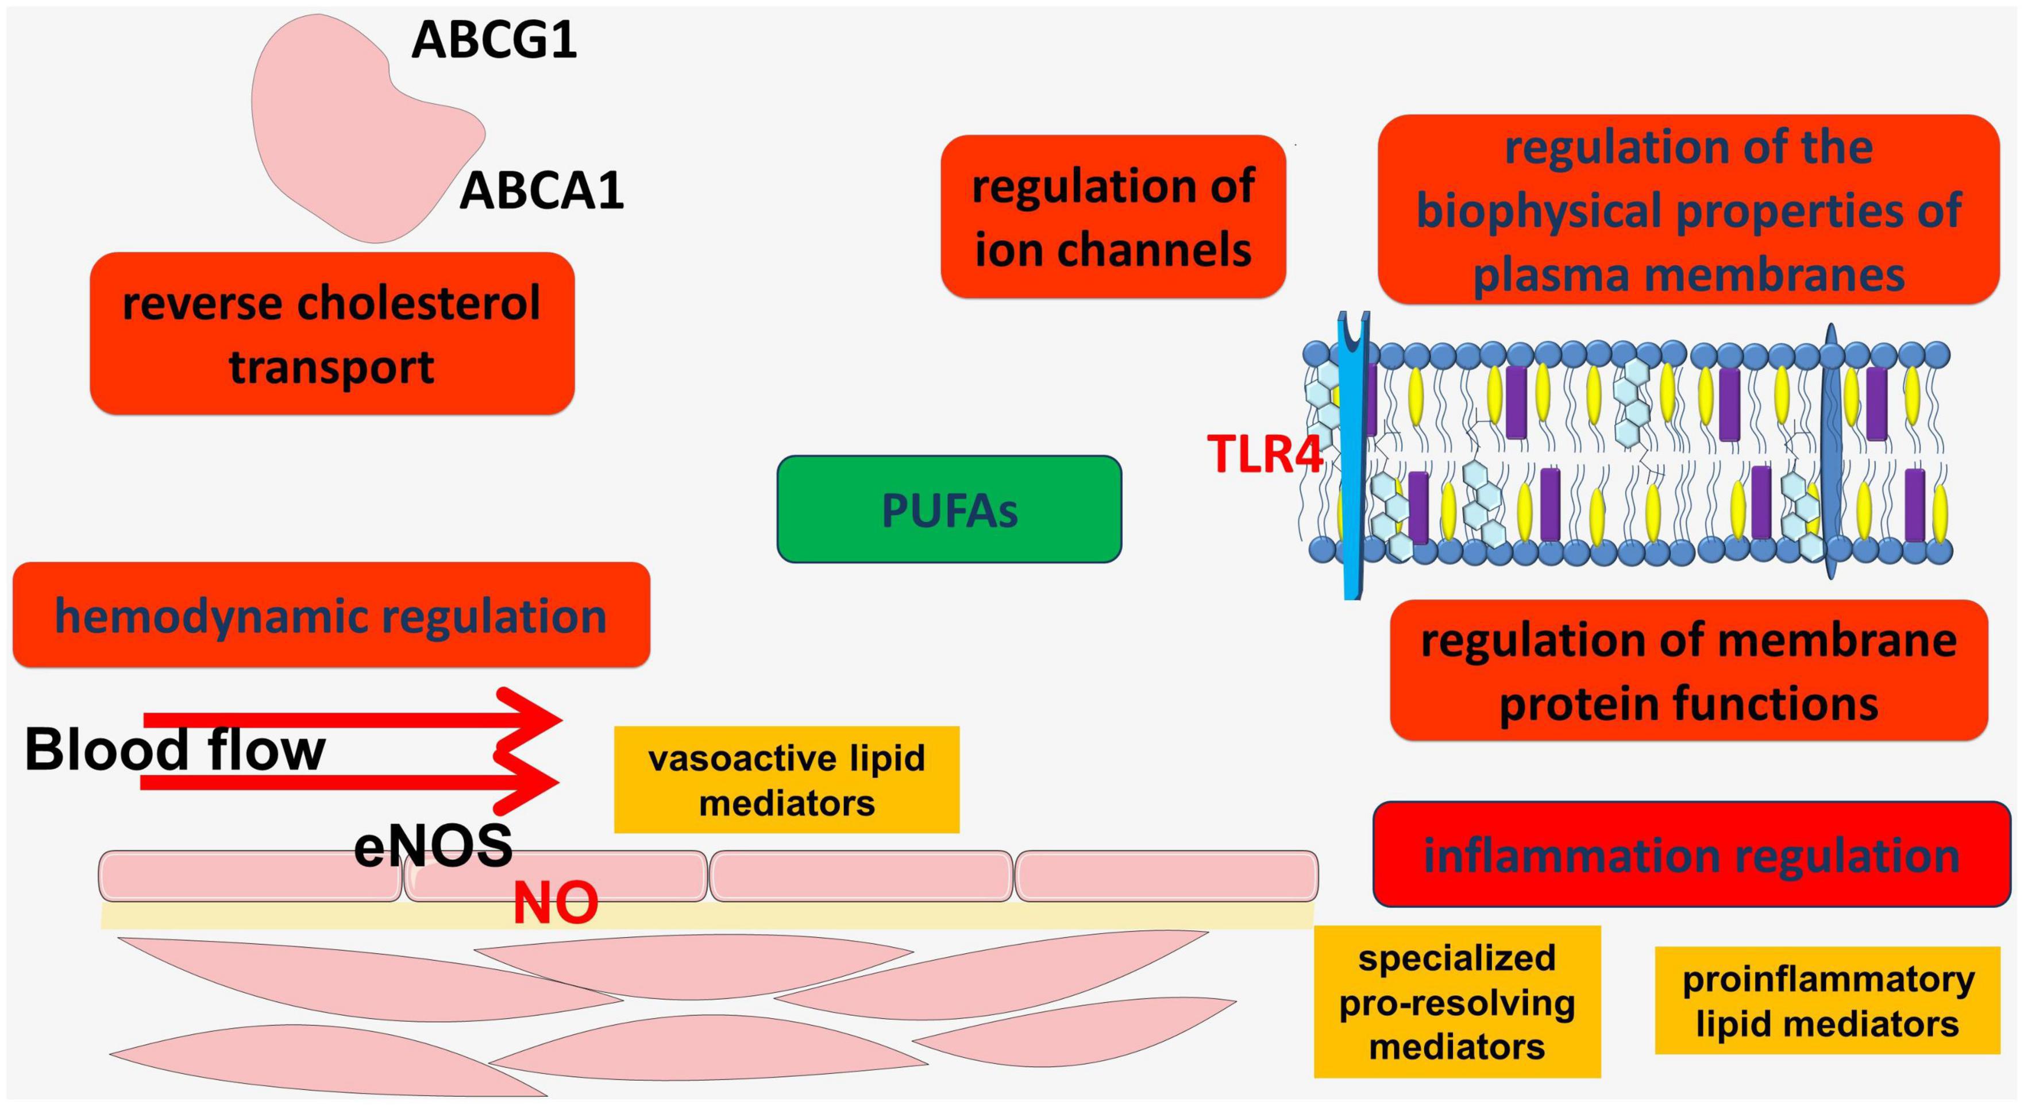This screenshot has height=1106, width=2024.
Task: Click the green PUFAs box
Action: (x=949, y=509)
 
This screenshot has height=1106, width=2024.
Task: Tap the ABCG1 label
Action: (x=494, y=40)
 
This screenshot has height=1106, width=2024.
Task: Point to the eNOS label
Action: (x=433, y=847)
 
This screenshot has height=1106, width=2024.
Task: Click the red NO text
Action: (x=556, y=903)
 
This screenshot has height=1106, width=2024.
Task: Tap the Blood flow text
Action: (x=175, y=749)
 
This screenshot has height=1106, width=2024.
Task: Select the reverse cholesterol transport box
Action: (x=333, y=333)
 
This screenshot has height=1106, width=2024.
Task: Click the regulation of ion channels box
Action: (x=1113, y=217)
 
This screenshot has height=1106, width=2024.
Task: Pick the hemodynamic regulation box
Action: (x=331, y=615)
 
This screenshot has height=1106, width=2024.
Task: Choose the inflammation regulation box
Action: (x=1691, y=854)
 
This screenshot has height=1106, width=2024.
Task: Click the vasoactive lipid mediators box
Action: (x=787, y=779)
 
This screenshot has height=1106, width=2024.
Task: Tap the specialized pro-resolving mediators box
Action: (x=1458, y=1001)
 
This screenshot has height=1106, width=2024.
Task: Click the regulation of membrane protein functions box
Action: (x=1689, y=670)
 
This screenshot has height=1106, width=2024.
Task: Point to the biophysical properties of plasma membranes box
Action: (x=1688, y=209)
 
